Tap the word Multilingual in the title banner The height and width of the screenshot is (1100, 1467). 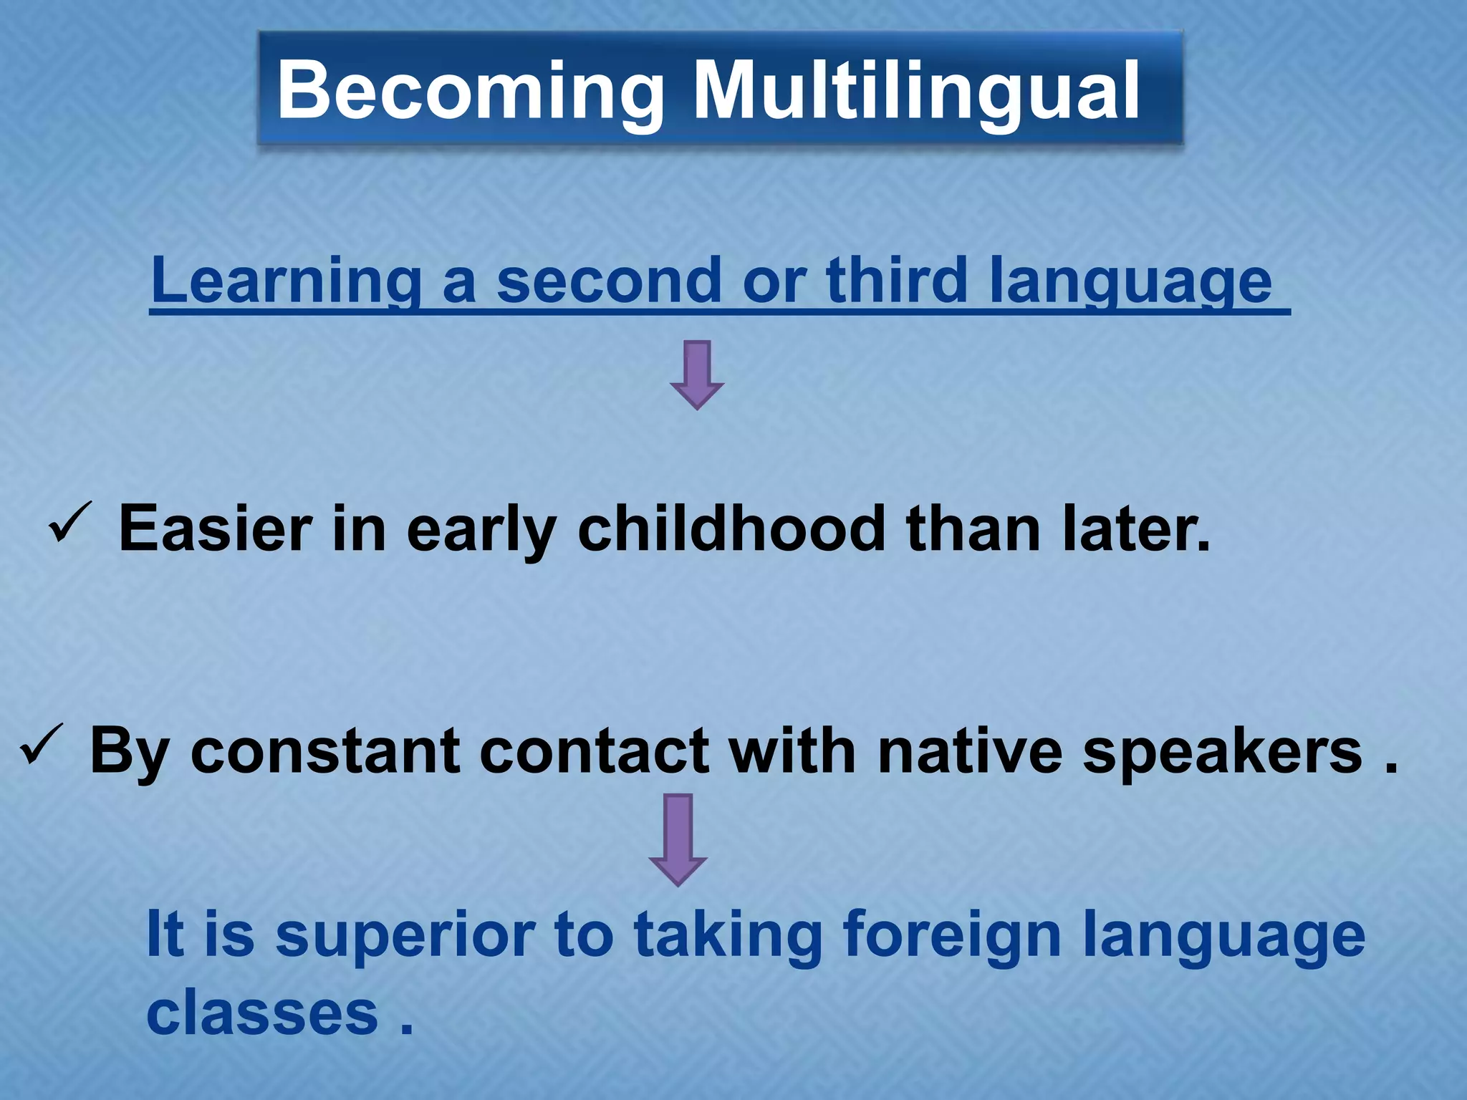click(x=916, y=91)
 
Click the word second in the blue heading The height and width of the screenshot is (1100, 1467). click(x=609, y=281)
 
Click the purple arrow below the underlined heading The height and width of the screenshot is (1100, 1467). click(x=697, y=374)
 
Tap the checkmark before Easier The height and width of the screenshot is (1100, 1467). click(x=70, y=524)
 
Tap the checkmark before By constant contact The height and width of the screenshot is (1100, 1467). click(x=42, y=745)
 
